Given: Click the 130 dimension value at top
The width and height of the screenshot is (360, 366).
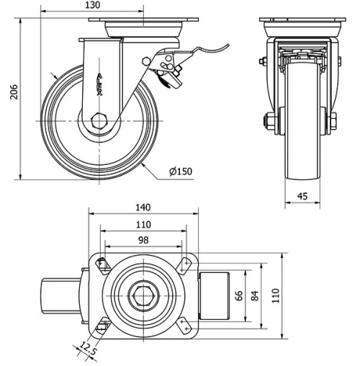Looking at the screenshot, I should pos(93,6).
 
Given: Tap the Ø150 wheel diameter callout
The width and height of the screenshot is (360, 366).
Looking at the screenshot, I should pos(181,171).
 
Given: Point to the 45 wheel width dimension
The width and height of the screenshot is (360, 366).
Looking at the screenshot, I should pos(302,195).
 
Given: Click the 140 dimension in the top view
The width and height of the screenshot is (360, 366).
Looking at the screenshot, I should pos(142,207).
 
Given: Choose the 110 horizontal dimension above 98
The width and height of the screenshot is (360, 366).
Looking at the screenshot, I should pos(142,224).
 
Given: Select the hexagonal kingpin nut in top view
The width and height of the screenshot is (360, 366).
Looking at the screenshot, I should pos(142,295).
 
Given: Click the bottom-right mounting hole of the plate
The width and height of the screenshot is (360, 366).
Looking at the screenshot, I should pos(187,328).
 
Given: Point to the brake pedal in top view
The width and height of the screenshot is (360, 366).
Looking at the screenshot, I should pos(213,295).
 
